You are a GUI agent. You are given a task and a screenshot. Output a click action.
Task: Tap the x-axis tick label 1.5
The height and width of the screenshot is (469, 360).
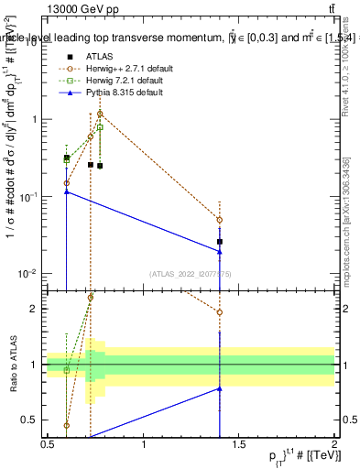(238, 445)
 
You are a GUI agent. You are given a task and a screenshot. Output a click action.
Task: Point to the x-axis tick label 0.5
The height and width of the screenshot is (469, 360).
(48, 445)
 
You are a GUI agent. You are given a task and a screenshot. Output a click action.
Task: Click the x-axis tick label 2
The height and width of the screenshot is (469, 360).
(334, 445)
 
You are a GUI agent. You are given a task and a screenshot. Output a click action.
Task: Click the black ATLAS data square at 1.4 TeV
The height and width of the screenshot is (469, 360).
(220, 242)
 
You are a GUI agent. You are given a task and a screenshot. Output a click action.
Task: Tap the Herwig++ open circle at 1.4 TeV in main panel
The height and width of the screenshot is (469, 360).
(220, 220)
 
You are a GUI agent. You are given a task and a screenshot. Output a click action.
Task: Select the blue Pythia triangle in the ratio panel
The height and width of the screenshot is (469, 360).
(220, 388)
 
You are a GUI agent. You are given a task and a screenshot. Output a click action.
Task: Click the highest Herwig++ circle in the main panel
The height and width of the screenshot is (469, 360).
(100, 114)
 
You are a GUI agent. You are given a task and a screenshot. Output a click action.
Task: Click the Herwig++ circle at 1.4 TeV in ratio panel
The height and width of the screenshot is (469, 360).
(220, 312)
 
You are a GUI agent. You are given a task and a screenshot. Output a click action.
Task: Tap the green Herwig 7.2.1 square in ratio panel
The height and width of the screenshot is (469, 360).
(67, 370)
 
